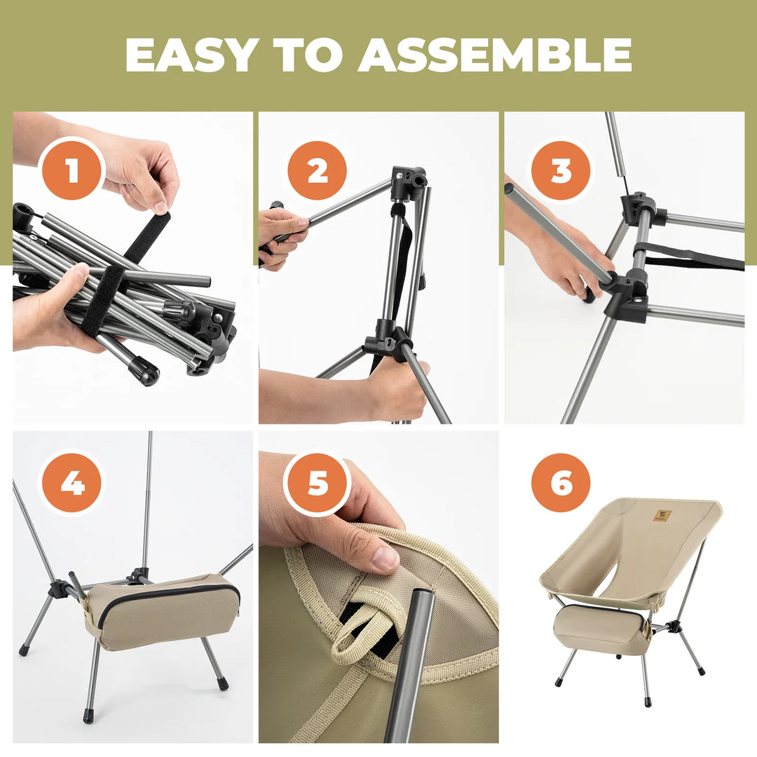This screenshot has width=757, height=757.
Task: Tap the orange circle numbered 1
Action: [x=73, y=170]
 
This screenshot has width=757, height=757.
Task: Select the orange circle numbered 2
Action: [x=317, y=170]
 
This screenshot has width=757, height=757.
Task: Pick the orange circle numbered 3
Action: [x=561, y=170]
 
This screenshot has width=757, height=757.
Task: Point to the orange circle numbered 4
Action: [x=73, y=483]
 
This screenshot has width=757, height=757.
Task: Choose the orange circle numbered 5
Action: [x=317, y=483]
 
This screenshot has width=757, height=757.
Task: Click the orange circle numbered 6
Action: [x=561, y=483]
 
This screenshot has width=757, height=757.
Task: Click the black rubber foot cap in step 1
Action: [x=145, y=371]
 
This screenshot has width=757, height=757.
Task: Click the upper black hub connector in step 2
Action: [x=408, y=182]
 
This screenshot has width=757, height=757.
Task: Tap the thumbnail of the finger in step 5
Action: [x=385, y=558]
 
